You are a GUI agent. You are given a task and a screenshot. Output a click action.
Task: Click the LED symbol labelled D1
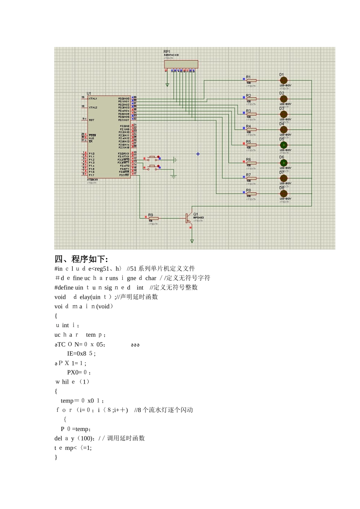click(x=283, y=80)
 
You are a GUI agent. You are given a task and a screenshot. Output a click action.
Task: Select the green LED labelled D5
click(x=283, y=145)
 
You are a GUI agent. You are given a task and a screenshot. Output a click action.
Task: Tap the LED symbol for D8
click(x=283, y=194)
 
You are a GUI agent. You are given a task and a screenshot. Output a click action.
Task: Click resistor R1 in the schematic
click(x=251, y=80)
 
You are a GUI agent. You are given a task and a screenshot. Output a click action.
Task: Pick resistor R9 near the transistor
click(x=153, y=218)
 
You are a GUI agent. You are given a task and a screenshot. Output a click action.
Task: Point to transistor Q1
click(x=189, y=218)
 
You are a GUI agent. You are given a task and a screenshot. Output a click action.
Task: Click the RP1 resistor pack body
click(x=181, y=64)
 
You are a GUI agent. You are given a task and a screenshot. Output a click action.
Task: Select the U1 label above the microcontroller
click(x=89, y=94)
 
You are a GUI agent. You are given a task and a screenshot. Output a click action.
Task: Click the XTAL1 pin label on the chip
click(x=93, y=98)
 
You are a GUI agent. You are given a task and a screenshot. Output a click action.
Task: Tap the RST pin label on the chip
click(x=91, y=120)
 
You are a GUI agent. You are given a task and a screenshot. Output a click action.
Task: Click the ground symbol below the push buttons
click(x=174, y=176)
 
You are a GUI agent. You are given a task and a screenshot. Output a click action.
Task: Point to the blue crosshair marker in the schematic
click(x=198, y=154)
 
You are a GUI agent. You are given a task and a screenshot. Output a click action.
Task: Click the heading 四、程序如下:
click(x=81, y=259)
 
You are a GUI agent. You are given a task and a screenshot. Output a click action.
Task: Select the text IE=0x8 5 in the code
click(x=81, y=354)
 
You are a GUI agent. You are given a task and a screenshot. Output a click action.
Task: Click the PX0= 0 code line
click(x=79, y=372)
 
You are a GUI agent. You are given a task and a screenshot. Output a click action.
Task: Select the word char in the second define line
click(x=151, y=278)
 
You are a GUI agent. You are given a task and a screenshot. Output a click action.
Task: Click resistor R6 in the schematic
click(x=251, y=163)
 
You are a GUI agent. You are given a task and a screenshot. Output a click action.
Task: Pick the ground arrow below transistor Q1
click(x=192, y=241)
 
